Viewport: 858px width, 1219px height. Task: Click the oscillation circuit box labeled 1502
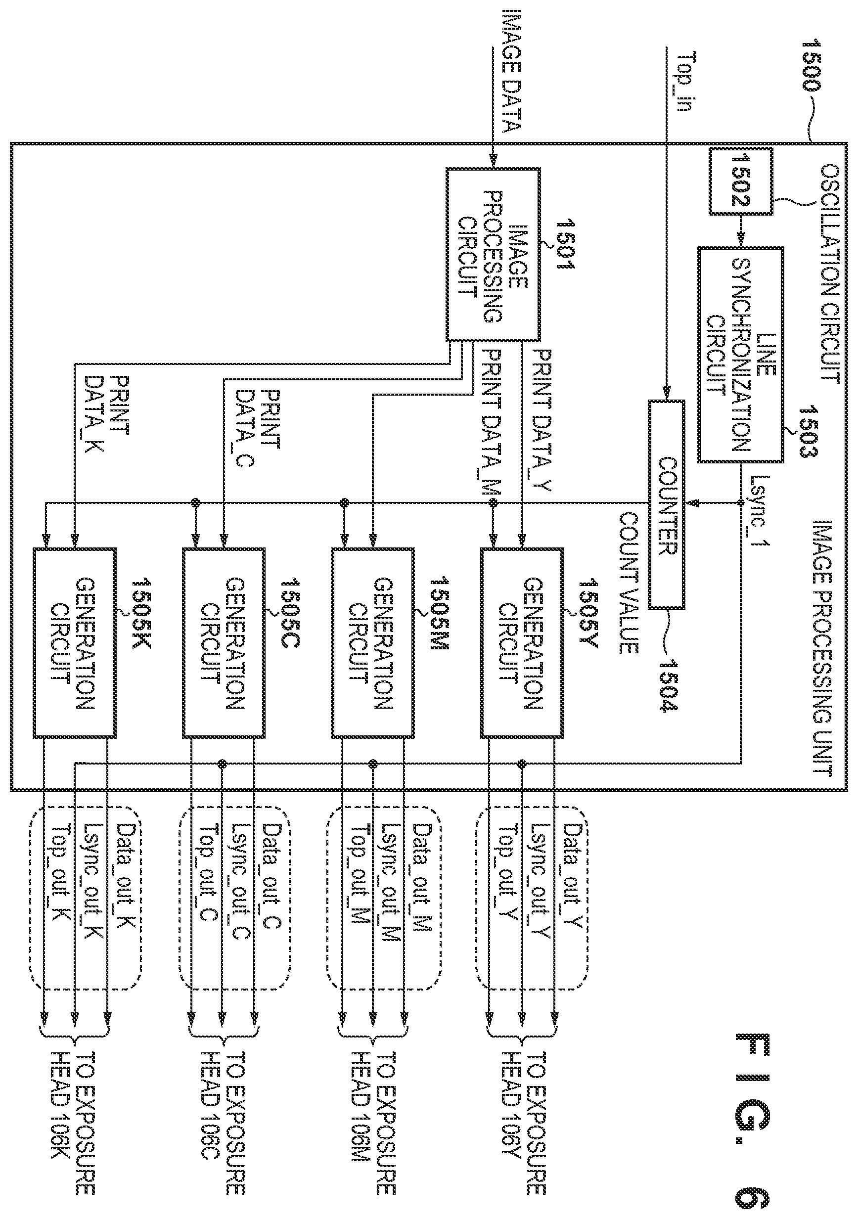pyautogui.click(x=741, y=181)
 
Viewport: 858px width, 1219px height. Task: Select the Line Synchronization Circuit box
pyautogui.click(x=741, y=354)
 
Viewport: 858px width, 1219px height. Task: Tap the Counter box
pyautogui.click(x=666, y=504)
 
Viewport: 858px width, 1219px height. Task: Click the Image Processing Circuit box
pyautogui.click(x=493, y=254)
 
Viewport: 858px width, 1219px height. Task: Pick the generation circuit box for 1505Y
pyautogui.click(x=522, y=643)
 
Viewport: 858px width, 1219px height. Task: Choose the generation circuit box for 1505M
pyautogui.click(x=373, y=643)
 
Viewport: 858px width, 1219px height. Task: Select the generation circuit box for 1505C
pyautogui.click(x=224, y=643)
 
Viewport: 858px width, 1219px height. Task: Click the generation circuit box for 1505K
pyautogui.click(x=74, y=643)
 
